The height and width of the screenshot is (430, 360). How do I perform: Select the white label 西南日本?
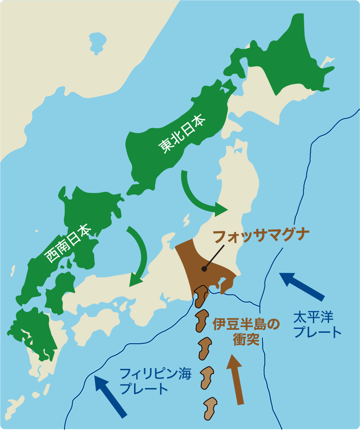point(68,244)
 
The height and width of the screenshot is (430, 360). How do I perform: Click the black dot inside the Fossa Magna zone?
point(204,269)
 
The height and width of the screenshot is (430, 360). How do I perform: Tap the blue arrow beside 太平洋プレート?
point(302,286)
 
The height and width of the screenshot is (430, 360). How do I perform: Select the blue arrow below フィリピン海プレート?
point(110,396)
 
